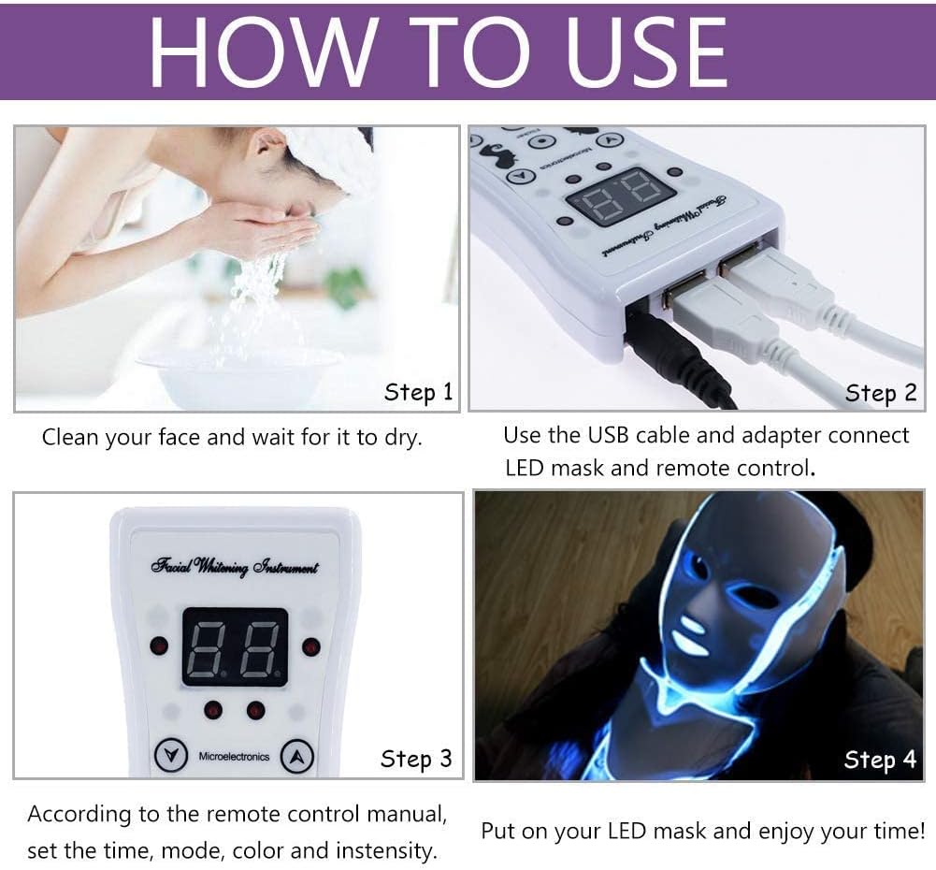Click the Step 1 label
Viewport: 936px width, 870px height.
[x=418, y=393]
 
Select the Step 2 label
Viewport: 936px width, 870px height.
[x=881, y=394]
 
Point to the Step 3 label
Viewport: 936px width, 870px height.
[x=416, y=759]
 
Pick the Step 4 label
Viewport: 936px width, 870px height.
[x=880, y=760]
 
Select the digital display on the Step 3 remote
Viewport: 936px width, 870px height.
[x=235, y=646]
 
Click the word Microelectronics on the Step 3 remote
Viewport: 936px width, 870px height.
[x=235, y=756]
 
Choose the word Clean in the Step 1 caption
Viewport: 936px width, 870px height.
[x=71, y=437]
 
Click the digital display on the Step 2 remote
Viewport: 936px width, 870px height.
[x=621, y=196]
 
